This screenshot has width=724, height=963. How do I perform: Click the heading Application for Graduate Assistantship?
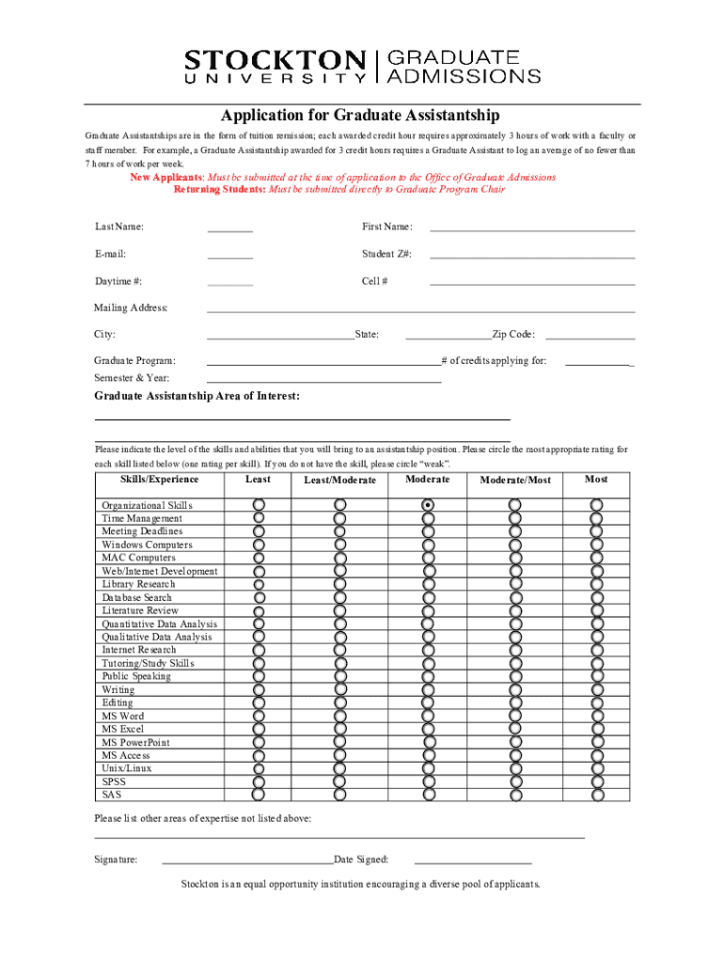pos(360,116)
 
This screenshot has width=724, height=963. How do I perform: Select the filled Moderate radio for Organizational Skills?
pos(429,505)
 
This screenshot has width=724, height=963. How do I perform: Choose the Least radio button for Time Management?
pos(260,518)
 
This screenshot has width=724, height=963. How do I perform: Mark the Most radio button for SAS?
pos(596,795)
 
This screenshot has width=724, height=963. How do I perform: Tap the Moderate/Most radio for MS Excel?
pos(515,729)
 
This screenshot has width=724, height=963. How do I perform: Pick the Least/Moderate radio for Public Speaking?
pos(340,676)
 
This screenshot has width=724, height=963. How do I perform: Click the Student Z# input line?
pos(532,256)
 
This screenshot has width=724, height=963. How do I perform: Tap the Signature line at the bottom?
pos(247,860)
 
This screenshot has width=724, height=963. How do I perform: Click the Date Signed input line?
pos(472,860)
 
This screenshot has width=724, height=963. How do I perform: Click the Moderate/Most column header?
pos(515,481)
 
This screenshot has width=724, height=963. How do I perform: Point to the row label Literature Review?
pos(140,610)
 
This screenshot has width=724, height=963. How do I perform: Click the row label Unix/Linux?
pos(127,768)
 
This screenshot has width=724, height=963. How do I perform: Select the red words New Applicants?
pos(165,177)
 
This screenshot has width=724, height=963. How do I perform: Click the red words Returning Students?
pos(219,189)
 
